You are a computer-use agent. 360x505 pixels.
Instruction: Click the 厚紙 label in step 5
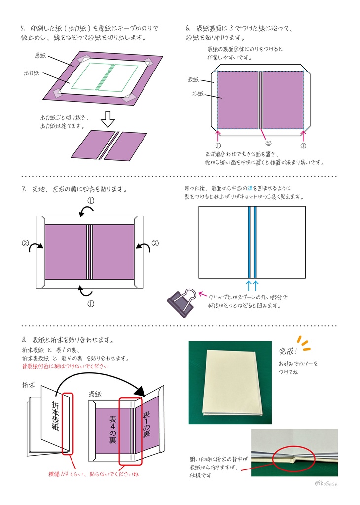[x=40, y=55]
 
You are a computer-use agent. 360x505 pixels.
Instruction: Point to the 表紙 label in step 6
[x=194, y=79]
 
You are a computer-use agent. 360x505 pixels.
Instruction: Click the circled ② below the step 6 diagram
[x=268, y=144]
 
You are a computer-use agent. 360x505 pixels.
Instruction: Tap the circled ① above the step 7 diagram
[x=91, y=200]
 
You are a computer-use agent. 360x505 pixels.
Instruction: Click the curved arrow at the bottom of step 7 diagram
[x=84, y=291]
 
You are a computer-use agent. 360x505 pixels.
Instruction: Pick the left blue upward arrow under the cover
[x=249, y=285]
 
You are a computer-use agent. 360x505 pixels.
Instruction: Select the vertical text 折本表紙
[x=55, y=417]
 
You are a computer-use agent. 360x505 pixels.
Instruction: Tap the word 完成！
[x=289, y=351]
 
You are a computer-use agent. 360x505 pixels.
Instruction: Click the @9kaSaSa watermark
[x=325, y=484]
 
